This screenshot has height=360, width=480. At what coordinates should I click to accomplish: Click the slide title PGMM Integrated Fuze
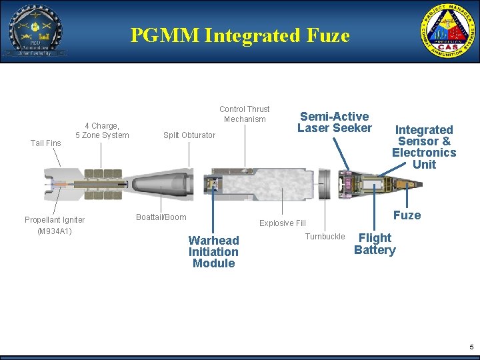(x=240, y=35)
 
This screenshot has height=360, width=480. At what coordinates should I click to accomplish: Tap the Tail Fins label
(x=46, y=143)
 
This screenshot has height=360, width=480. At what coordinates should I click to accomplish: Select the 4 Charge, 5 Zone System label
(x=102, y=131)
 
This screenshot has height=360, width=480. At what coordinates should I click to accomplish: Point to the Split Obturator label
(x=189, y=135)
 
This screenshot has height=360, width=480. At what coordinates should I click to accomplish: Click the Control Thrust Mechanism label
(x=245, y=114)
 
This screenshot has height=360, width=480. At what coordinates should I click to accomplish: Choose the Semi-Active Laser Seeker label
(x=334, y=122)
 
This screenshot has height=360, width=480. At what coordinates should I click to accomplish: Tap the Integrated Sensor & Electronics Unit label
(x=424, y=147)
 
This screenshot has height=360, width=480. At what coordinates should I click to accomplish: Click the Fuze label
(x=407, y=215)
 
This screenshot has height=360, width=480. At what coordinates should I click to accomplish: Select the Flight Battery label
(x=375, y=244)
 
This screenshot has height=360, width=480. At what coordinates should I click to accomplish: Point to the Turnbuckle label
(x=325, y=237)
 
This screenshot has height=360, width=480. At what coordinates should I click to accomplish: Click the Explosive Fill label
(x=282, y=223)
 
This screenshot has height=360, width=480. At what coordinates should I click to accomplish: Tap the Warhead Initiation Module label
(x=213, y=251)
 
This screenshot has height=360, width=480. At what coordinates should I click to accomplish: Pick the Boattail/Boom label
(x=161, y=217)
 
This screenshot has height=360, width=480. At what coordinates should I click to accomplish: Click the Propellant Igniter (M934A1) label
(x=55, y=225)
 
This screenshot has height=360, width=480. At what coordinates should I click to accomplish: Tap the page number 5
(x=471, y=347)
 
